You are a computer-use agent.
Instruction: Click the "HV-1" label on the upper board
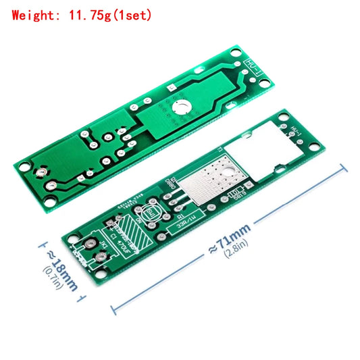[x=249, y=66]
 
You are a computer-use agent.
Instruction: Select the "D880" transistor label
[x=171, y=183]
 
